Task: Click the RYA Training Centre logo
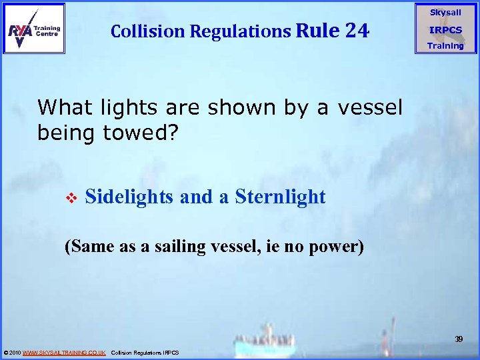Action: click(35, 28)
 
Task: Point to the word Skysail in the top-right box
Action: click(445, 13)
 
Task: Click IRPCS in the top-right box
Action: click(445, 30)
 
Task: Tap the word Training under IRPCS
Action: click(445, 46)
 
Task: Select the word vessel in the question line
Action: click(370, 107)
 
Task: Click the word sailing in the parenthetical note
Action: click(175, 247)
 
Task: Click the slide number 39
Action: click(459, 339)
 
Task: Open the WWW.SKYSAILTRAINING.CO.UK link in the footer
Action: click(64, 352)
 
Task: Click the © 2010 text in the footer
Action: click(12, 352)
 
